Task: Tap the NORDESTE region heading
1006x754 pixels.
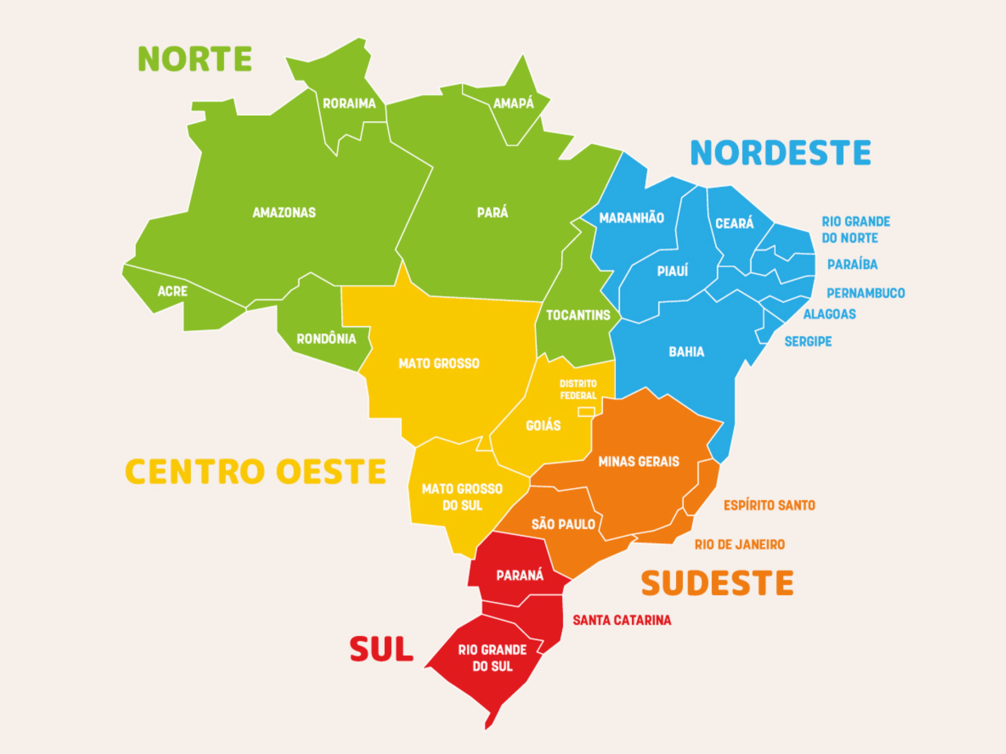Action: click(x=780, y=153)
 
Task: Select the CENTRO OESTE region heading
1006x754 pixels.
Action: click(x=255, y=471)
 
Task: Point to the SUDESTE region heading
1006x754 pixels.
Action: click(x=717, y=583)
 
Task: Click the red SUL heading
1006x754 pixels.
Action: click(x=381, y=649)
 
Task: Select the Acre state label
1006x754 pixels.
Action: click(x=172, y=291)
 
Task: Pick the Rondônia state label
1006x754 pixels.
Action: click(x=326, y=339)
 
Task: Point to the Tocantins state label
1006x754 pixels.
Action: click(x=578, y=315)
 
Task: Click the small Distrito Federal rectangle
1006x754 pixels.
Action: click(x=586, y=412)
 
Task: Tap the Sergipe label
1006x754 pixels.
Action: click(x=808, y=341)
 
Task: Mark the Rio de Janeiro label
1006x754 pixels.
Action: click(x=739, y=544)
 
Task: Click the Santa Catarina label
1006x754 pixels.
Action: click(x=622, y=620)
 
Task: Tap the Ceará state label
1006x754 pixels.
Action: click(x=734, y=223)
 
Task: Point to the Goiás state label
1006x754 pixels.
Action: click(x=543, y=425)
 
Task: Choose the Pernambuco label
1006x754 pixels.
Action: click(x=866, y=293)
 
